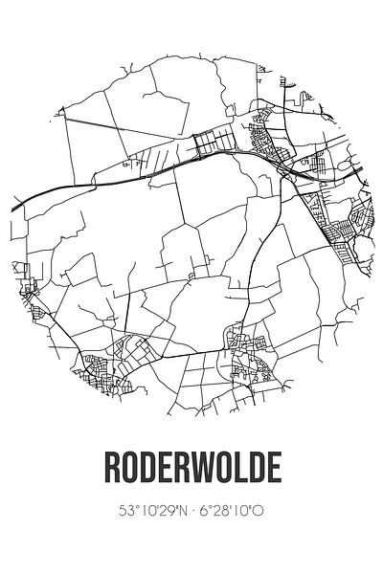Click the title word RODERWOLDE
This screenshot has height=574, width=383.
tap(191, 469)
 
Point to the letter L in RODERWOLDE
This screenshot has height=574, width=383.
tap(247, 469)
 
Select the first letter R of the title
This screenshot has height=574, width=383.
tap(110, 469)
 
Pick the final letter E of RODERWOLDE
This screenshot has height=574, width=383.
tap(275, 469)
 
